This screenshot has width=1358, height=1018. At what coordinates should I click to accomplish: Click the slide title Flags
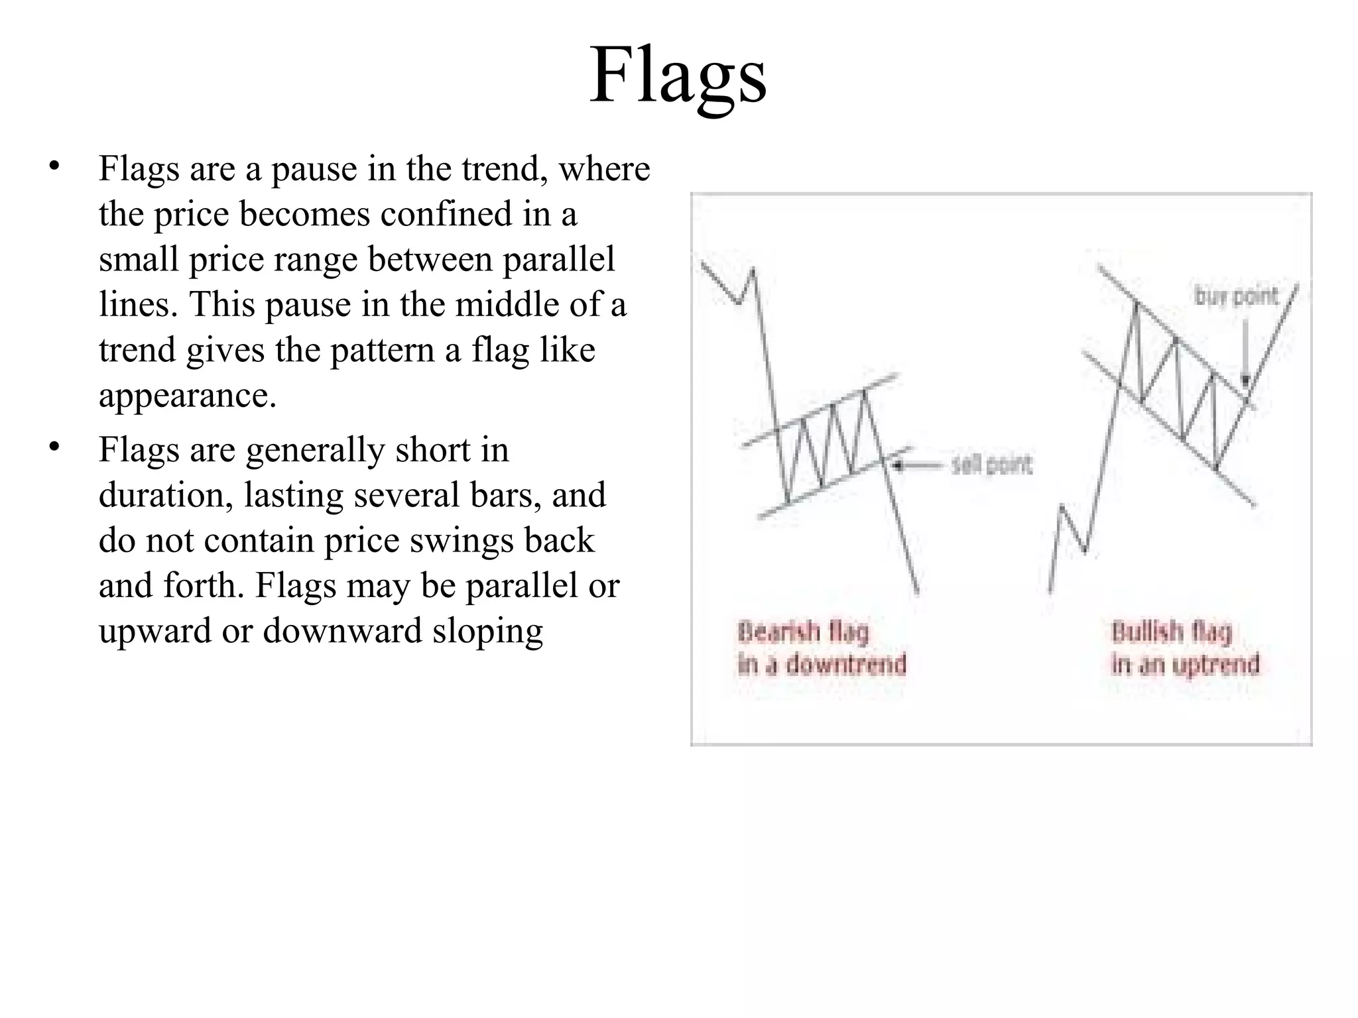point(678,76)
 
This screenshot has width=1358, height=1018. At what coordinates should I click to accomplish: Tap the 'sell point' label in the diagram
point(991,465)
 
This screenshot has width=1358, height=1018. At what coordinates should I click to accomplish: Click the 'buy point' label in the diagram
point(1236,296)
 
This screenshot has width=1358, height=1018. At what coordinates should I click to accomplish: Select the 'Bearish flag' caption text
point(803,632)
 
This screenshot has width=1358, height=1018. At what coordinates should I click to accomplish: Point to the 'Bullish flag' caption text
point(1172,632)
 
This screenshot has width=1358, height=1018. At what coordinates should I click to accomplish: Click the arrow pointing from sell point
point(918,465)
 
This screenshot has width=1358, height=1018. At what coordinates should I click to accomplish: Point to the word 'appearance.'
point(188,396)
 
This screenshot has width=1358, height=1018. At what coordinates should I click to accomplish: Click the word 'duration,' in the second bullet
point(166,495)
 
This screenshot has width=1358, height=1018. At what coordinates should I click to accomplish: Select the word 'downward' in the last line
point(342,630)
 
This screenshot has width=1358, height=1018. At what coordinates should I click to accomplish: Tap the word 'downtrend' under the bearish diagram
point(846,664)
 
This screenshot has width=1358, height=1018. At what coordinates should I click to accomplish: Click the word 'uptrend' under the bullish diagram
point(1215,664)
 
